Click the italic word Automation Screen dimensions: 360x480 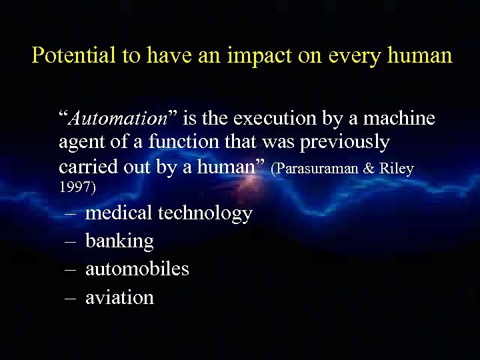(x=118, y=119)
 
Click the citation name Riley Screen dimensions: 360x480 (x=397, y=169)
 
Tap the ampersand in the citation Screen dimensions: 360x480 (x=369, y=169)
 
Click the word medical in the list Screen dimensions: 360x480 (x=119, y=213)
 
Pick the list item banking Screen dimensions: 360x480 (x=119, y=241)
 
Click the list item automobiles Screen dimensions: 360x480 (x=137, y=269)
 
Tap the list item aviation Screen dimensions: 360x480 (x=119, y=297)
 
